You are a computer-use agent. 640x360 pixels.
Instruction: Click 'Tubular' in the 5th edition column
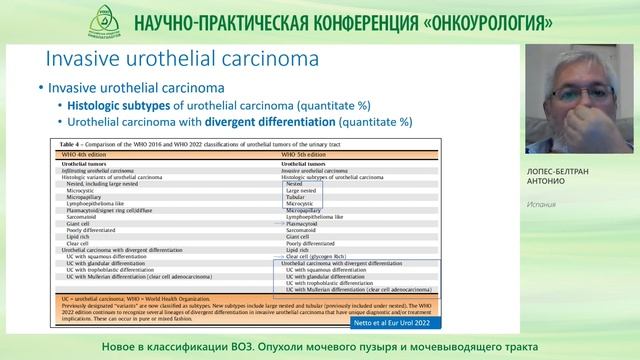[x=298, y=196]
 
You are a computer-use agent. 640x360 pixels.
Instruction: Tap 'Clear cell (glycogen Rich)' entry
[x=322, y=256]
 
